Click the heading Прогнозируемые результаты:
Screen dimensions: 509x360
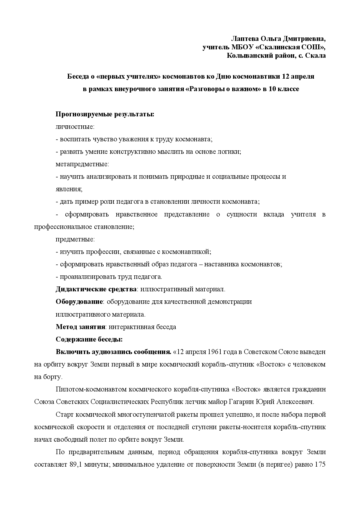[x=105, y=114]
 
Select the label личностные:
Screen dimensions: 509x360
[x=75, y=127]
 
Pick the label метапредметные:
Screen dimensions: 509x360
[x=82, y=164]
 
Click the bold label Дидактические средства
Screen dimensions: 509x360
[x=96, y=289]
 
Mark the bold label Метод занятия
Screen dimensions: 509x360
[x=80, y=327]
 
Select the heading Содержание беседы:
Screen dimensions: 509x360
[x=89, y=340]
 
